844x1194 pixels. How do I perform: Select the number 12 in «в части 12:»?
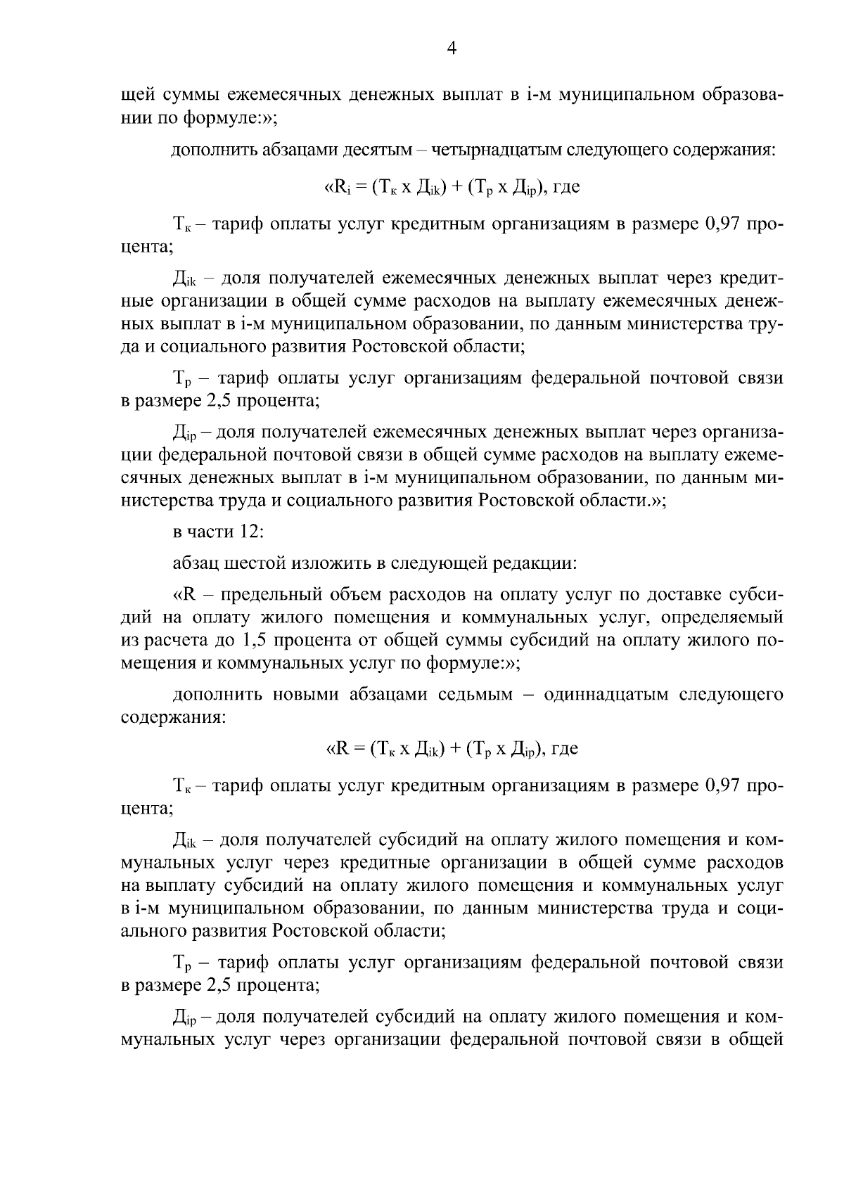pyautogui.click(x=250, y=532)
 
